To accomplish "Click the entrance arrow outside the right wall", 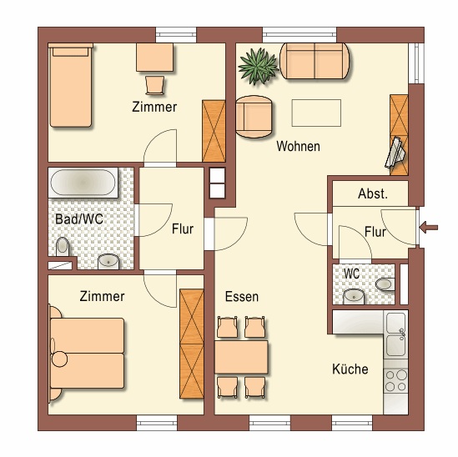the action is coord(429,227).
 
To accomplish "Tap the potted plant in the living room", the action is coord(258,66).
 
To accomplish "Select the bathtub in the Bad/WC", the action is coord(83,182).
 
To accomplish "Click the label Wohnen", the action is coord(298,146).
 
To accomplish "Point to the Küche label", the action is coord(350,369).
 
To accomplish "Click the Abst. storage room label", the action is coord(373,193).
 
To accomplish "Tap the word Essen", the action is coord(242,297).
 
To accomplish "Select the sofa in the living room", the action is coord(315,61).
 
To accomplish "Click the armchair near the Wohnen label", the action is coord(254,117).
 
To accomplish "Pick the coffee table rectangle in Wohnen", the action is coord(316,113).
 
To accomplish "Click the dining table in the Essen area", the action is coord(241,357).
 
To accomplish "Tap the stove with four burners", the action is coord(395,380).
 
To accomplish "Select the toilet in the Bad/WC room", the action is coord(63,247).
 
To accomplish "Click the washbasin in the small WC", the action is coord(354,297).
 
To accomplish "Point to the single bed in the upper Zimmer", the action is coord(71,85).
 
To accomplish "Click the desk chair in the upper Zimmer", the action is coord(155,85).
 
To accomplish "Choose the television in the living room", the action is coord(395,153).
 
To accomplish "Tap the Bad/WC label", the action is coord(79,219).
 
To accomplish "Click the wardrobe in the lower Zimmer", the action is coord(192,344).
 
